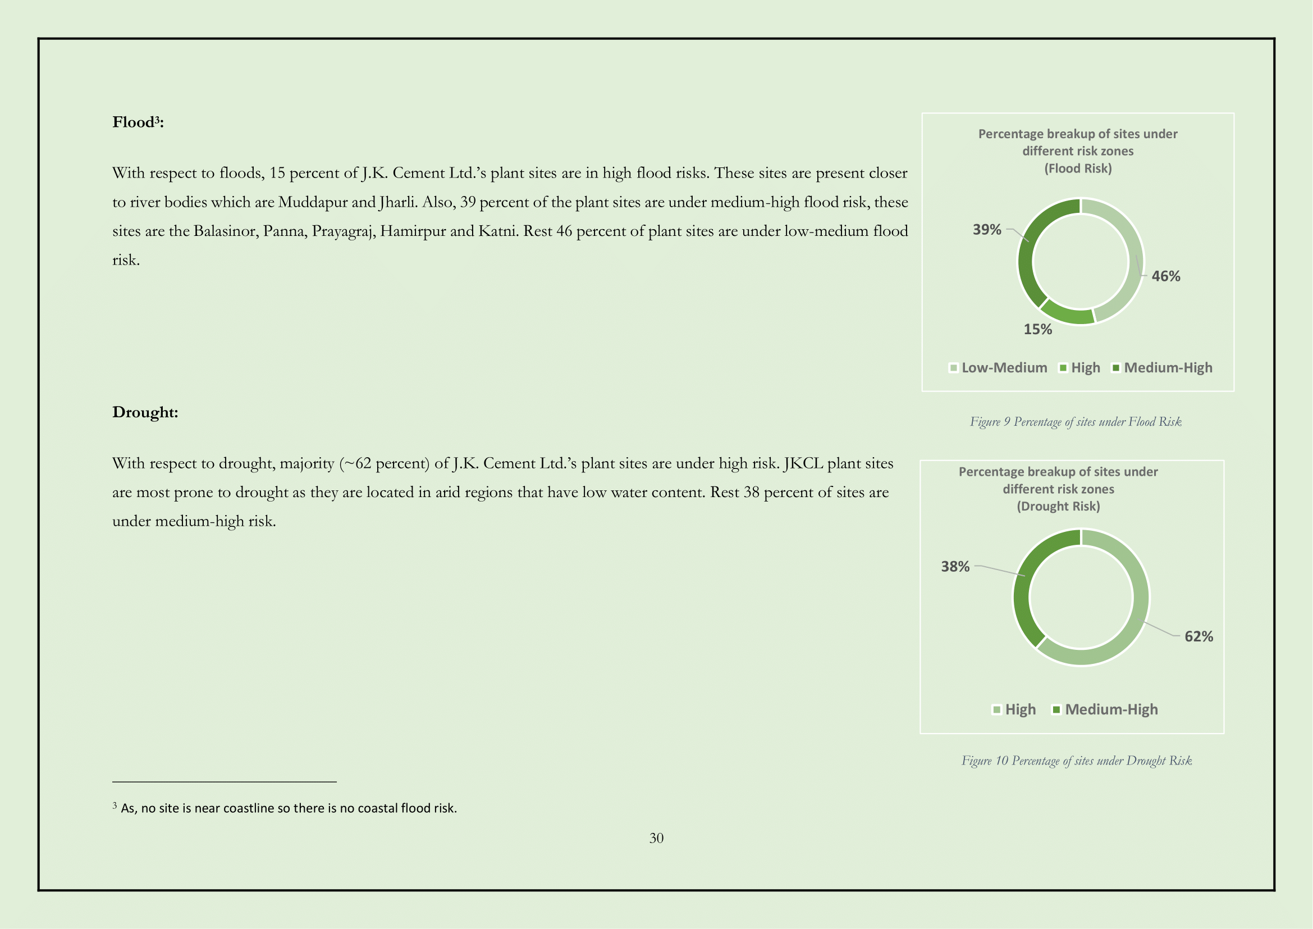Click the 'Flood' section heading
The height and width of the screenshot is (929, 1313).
(137, 122)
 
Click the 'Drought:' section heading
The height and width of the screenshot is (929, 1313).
(145, 412)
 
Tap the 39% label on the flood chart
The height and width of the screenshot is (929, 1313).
(986, 230)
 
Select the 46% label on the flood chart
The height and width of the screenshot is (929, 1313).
(1165, 276)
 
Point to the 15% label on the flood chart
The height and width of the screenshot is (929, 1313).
(1037, 330)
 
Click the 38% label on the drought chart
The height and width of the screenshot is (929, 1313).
(955, 567)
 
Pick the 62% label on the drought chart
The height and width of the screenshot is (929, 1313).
(1198, 637)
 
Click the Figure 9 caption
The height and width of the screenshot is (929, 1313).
(1075, 422)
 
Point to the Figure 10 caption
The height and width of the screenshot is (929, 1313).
(1076, 761)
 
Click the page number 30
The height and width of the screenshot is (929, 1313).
(656, 839)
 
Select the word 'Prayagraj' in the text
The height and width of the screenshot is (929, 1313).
(344, 231)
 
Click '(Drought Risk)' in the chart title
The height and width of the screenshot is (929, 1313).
(1058, 507)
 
